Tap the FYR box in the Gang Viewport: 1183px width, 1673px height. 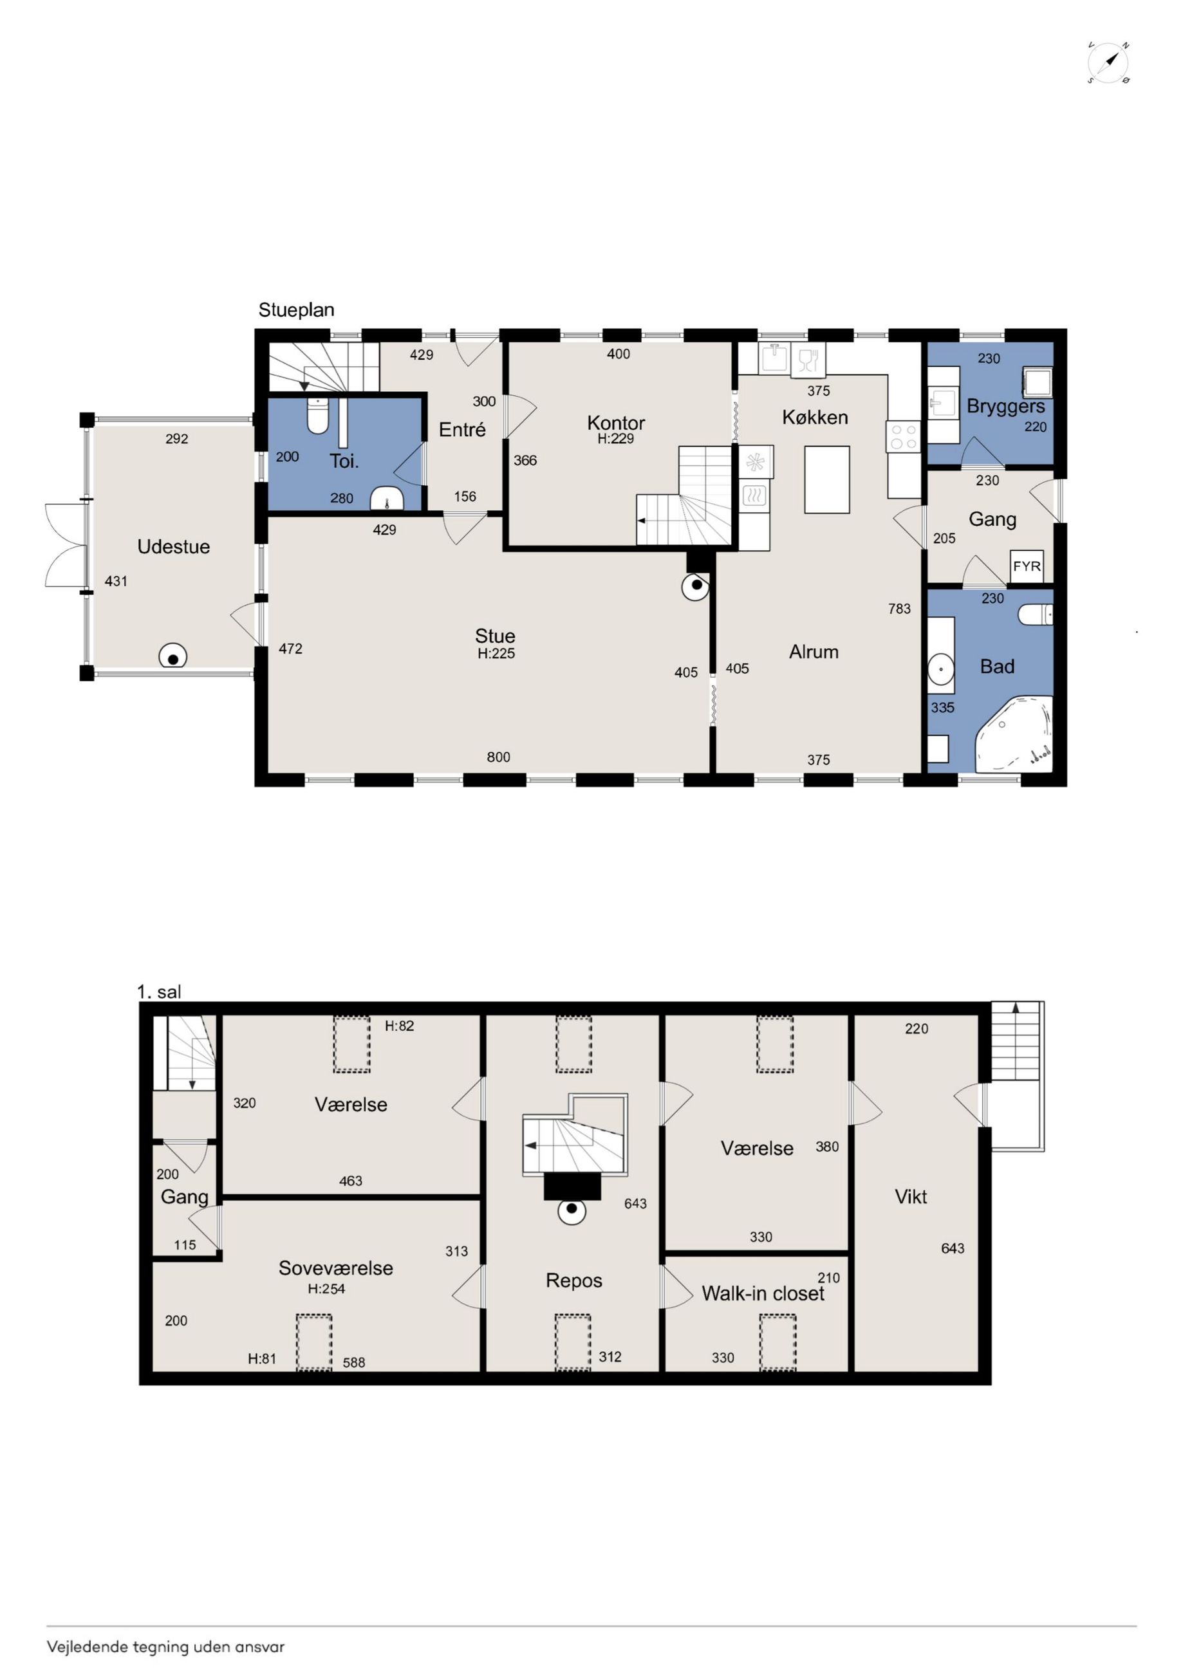(1027, 566)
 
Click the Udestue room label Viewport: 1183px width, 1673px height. (174, 546)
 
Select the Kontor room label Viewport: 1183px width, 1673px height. (616, 423)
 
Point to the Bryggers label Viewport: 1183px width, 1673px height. (1005, 407)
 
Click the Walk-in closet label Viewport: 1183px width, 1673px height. (763, 1293)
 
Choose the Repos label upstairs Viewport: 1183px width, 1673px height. (573, 1281)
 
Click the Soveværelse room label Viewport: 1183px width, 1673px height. (335, 1268)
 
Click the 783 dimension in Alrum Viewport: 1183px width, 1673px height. (899, 609)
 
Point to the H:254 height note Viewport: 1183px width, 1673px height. (326, 1288)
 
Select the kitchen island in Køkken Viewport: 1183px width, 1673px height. (826, 479)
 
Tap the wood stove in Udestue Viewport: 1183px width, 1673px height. (172, 657)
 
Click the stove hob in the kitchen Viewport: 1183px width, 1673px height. (903, 436)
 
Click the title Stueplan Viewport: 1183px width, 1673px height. (296, 310)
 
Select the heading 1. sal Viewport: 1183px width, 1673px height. (159, 991)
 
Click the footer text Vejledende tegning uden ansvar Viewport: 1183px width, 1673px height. (165, 1647)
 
